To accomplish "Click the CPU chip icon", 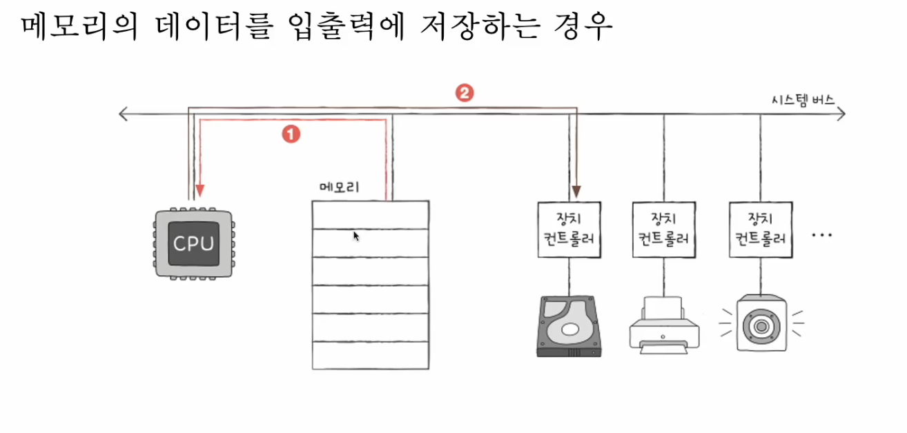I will [193, 242].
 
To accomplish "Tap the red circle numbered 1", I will [291, 134].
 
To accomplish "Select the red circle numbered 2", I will [465, 93].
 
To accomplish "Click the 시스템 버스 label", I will [803, 99].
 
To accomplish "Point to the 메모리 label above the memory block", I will [340, 187].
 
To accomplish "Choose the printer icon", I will [664, 325].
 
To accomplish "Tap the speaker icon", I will [761, 323].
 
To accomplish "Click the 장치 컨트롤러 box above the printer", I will [664, 229].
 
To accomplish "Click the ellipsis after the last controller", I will [823, 235].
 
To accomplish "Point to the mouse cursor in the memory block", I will [356, 236].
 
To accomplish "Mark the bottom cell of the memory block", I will [370, 354].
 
